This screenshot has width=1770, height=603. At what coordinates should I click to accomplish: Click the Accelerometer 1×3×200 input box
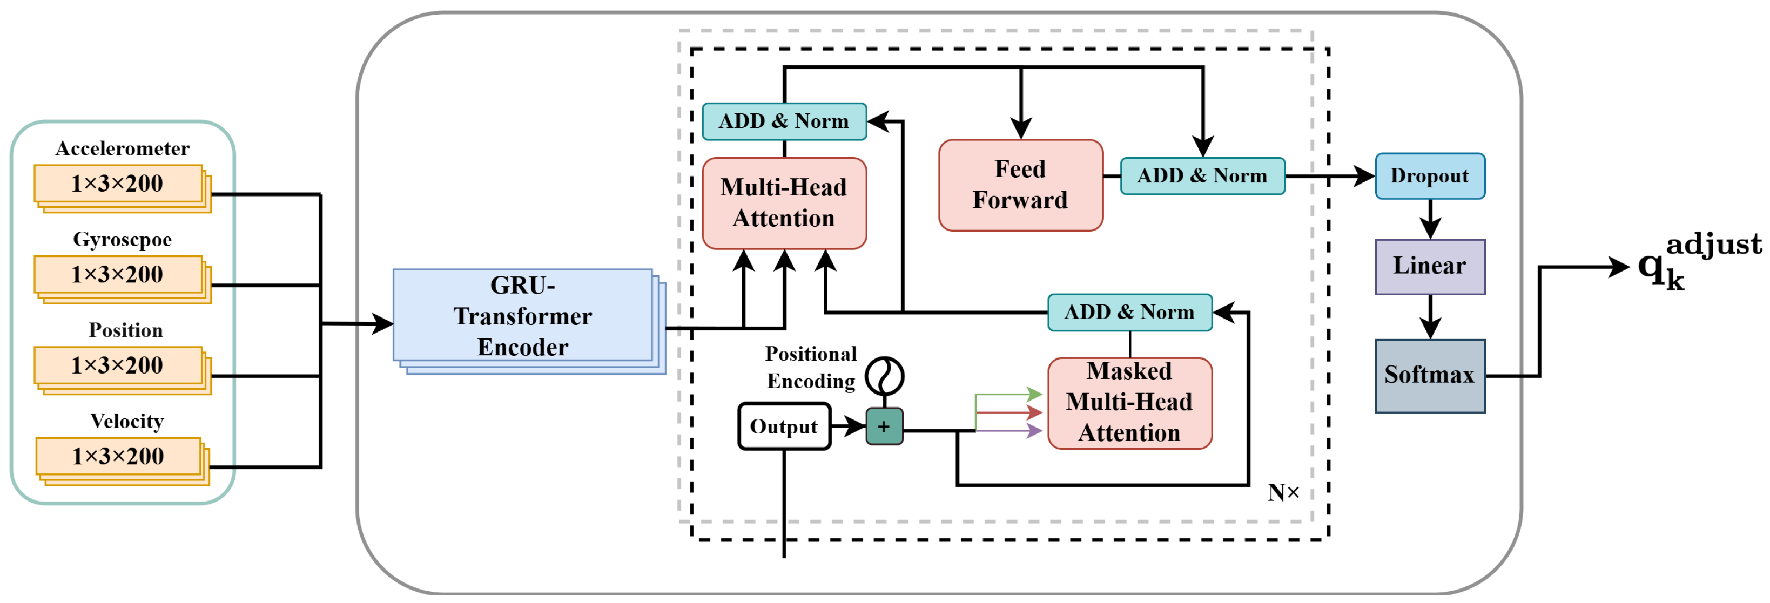pos(118,184)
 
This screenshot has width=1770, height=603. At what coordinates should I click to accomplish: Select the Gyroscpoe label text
pos(122,239)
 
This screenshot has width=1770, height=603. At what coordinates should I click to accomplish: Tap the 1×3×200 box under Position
pos(118,365)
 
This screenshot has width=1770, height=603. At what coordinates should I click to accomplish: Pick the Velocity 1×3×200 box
pos(118,456)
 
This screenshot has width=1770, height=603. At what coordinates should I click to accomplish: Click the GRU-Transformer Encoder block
pos(522,316)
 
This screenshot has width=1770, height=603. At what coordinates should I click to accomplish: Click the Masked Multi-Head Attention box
pos(1129,403)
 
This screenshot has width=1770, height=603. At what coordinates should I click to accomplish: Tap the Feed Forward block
pos(1020,185)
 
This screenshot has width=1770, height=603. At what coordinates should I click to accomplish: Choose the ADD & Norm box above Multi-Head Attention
pos(784,121)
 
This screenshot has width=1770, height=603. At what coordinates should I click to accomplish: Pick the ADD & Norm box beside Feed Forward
pos(1202,176)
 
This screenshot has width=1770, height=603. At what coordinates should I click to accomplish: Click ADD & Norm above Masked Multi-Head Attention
pos(1129,313)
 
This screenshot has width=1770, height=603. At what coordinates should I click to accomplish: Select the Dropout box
pos(1430,176)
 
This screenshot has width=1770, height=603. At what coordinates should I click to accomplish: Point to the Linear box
pos(1430,267)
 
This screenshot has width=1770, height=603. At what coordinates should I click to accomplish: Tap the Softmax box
pos(1430,376)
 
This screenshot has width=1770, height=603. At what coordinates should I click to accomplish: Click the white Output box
pos(784,426)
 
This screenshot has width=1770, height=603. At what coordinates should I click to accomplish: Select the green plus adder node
pos(884,426)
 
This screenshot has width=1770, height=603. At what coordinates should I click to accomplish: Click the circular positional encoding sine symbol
pos(884,375)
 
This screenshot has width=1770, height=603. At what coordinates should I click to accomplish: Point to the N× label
pos(1283,492)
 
